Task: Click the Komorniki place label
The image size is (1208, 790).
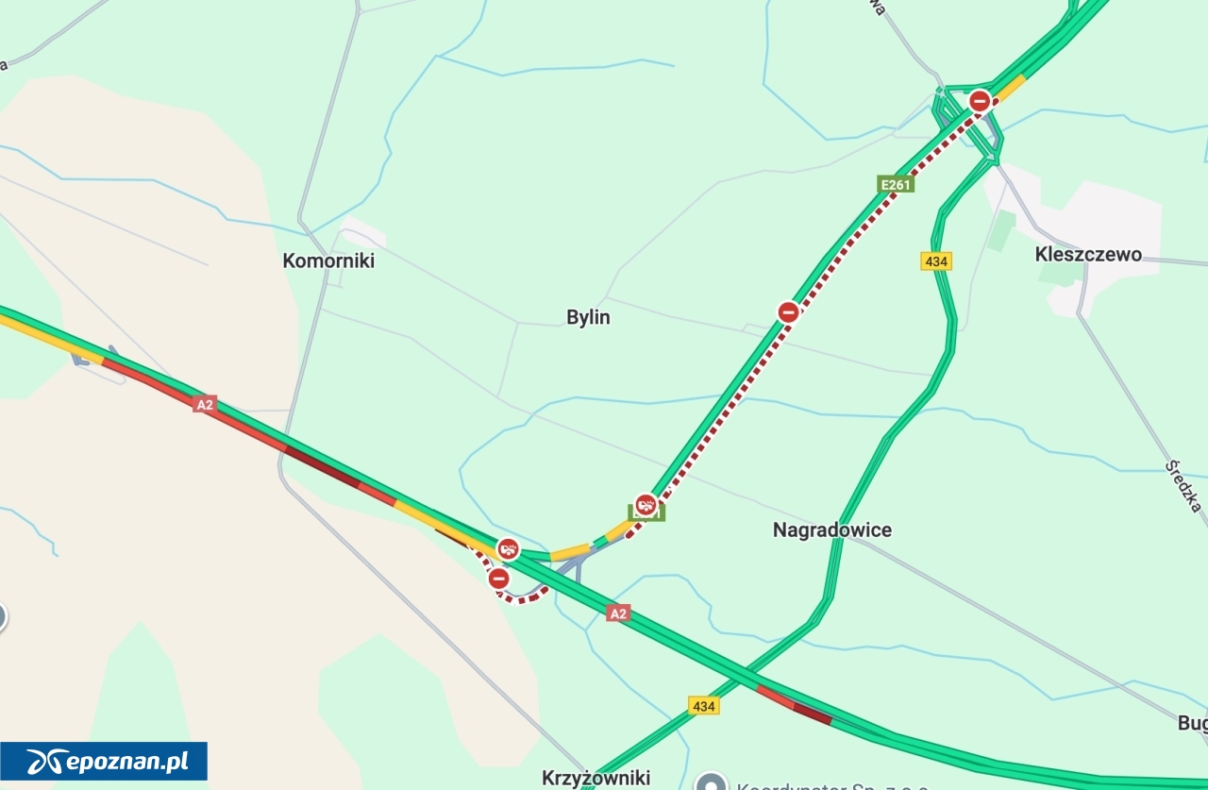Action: coord(328,261)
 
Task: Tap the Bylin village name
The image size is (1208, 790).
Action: coord(588,317)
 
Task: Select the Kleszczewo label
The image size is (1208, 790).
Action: coord(1087,254)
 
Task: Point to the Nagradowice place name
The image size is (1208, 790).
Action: coord(831,529)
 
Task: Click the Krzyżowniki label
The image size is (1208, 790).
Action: coord(596,778)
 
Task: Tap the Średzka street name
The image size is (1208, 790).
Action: coord(1183,486)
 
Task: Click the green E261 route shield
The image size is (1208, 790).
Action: coord(895,184)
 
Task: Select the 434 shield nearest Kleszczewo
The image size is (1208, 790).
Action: coord(936,261)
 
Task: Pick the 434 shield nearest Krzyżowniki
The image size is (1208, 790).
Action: coord(703,706)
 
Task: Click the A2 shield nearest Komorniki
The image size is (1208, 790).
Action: coord(205,404)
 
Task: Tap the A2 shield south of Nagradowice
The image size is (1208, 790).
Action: coord(617,614)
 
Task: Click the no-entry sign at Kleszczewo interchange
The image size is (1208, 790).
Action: coord(981,101)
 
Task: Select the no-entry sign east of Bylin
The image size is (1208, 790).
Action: coord(789,311)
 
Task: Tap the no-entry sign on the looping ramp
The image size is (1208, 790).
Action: coord(498,579)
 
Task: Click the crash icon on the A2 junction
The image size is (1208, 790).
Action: coord(509,548)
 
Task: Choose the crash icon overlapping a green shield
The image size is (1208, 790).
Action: coord(646,505)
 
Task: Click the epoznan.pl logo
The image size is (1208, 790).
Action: coord(104,761)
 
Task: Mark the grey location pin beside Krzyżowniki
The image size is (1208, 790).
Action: coord(711,782)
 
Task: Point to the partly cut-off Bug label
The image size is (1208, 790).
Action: coord(1192,723)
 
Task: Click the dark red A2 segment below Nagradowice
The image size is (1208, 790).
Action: coord(813,714)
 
